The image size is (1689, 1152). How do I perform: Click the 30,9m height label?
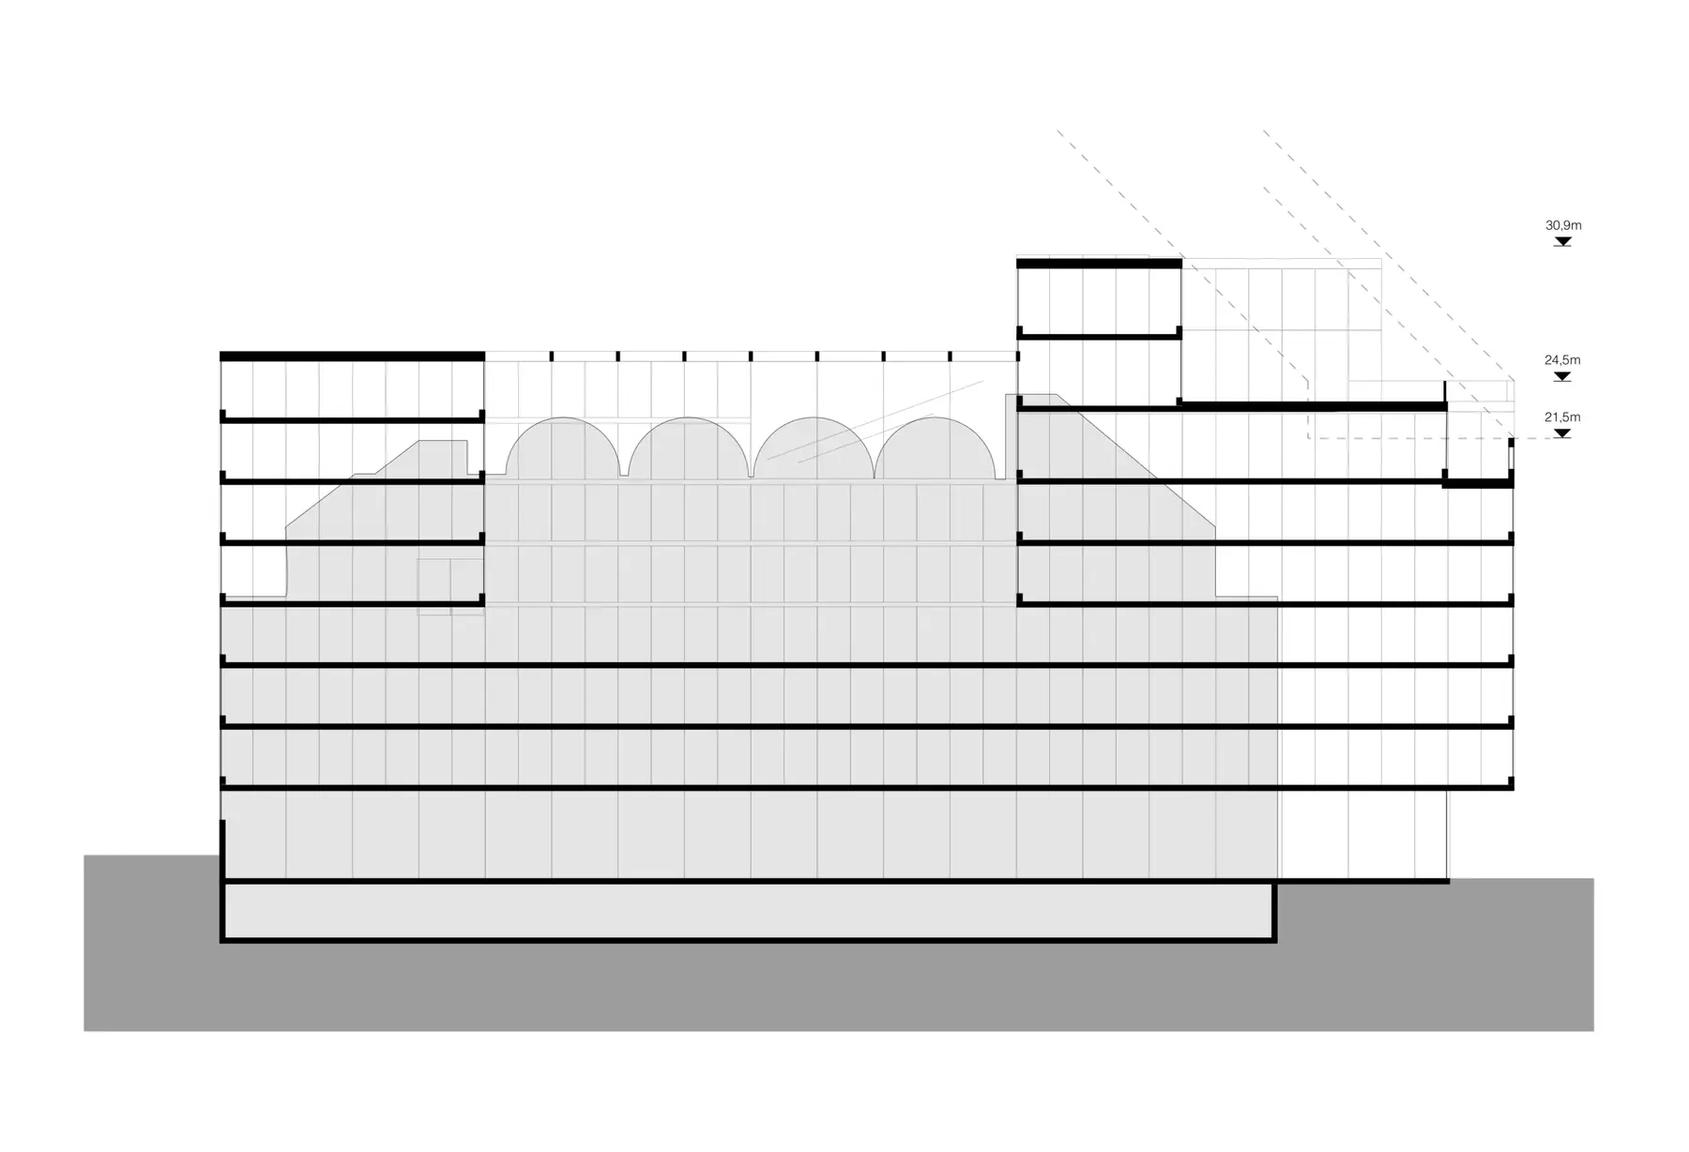(x=1563, y=225)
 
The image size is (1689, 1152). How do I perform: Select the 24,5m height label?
(x=1563, y=359)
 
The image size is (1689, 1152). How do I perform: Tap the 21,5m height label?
(x=1563, y=417)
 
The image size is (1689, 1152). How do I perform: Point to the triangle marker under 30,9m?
(x=1562, y=242)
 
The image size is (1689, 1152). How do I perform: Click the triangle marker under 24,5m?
(x=1562, y=376)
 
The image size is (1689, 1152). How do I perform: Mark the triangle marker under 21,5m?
(x=1562, y=433)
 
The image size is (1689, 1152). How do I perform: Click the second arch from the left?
(x=688, y=418)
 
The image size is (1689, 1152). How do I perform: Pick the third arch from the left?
(x=814, y=418)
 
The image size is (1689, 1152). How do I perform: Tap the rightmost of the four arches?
(x=936, y=418)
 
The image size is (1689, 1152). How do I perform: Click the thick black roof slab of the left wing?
(x=352, y=356)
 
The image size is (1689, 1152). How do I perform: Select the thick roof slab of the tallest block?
(x=1099, y=264)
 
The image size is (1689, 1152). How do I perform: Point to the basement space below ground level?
(x=749, y=910)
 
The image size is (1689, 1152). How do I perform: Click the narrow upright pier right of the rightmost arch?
(x=1011, y=436)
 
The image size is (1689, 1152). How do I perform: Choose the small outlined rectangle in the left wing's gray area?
(x=450, y=586)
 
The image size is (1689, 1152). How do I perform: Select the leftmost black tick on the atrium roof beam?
(x=551, y=356)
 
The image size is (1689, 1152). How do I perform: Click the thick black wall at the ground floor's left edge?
(x=223, y=851)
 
